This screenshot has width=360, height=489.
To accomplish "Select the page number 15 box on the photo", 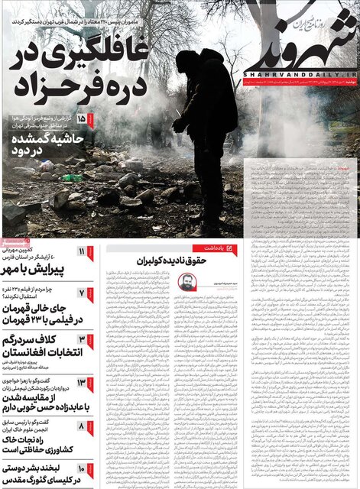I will coord(81,119).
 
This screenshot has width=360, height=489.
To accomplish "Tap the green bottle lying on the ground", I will coord(72,177).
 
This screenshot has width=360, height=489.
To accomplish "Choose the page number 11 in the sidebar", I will coord(82,252).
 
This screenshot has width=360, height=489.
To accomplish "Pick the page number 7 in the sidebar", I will coord(82,293).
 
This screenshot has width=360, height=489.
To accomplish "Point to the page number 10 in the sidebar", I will coord(82,465).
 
